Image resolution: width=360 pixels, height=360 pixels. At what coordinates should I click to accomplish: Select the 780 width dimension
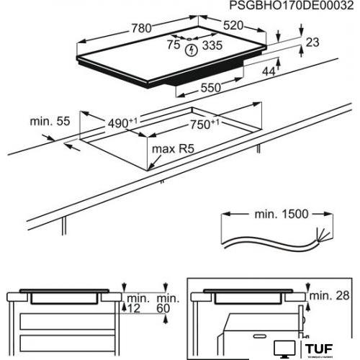coord(141,28)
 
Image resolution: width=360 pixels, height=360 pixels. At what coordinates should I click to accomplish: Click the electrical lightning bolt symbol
coord(192,50)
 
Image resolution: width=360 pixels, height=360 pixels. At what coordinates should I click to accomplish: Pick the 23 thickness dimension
coord(311,43)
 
